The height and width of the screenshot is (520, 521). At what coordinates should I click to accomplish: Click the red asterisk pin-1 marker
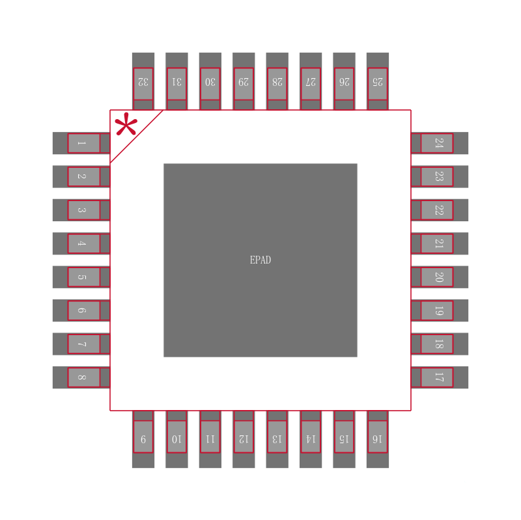126,124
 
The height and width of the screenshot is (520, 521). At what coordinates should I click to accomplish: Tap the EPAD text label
260,260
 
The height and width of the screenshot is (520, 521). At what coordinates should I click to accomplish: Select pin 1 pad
81,143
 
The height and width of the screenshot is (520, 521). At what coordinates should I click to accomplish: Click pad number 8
81,377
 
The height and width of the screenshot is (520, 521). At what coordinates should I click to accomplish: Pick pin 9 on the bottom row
143,439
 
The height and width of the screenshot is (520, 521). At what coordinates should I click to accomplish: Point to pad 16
378,439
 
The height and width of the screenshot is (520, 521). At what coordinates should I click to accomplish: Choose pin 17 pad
440,377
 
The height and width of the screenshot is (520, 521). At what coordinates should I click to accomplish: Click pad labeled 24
440,143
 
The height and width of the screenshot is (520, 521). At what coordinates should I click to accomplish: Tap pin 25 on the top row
378,81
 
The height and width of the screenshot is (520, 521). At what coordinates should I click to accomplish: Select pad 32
143,81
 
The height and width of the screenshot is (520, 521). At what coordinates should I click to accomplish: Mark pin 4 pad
81,243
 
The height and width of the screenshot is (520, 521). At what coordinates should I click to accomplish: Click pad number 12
244,439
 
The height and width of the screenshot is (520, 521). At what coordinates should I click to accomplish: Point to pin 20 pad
440,277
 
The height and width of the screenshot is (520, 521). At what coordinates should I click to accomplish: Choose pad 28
277,81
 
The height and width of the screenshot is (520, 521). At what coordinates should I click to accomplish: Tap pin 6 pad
81,310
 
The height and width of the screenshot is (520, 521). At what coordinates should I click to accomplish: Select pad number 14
311,439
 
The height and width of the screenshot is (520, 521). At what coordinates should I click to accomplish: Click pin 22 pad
440,210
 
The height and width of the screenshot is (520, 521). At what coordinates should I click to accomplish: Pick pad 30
210,81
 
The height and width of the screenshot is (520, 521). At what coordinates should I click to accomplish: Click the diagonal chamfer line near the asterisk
137,137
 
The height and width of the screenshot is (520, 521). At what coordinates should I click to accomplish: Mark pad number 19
440,310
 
